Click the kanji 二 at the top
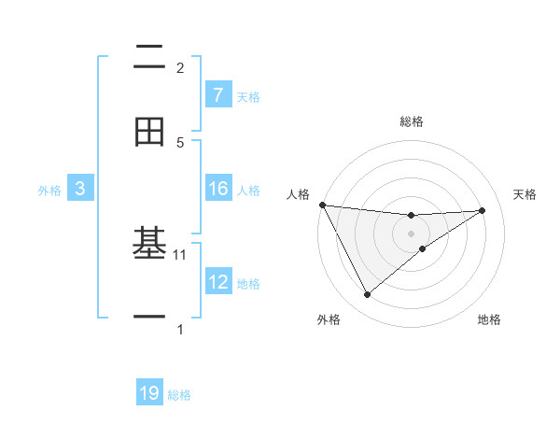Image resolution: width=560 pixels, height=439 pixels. (149, 58)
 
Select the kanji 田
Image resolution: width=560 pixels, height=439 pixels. (149, 133)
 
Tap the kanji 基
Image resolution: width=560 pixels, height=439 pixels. (149, 245)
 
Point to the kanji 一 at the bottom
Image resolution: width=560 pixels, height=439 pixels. (149, 319)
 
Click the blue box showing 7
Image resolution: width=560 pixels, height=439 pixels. (217, 95)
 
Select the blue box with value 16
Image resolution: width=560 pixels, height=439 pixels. (217, 189)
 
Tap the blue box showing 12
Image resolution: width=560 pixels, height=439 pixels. (217, 282)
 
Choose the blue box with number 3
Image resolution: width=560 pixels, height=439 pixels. (80, 189)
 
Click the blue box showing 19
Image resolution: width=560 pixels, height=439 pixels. (149, 393)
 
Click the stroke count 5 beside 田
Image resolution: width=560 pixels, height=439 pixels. (180, 142)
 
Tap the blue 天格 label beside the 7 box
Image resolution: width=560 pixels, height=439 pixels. (248, 96)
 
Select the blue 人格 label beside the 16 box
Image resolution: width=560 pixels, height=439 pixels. (248, 190)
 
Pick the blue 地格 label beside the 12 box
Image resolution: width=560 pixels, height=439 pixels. (248, 283)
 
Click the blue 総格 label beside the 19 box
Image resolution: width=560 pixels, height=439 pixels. (179, 394)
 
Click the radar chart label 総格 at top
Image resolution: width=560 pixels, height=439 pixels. (412, 121)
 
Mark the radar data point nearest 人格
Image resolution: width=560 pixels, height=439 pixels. (322, 205)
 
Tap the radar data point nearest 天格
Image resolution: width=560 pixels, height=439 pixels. (483, 210)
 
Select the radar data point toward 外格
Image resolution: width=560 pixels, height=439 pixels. (367, 295)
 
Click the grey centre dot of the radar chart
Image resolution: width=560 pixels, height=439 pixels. (412, 233)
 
